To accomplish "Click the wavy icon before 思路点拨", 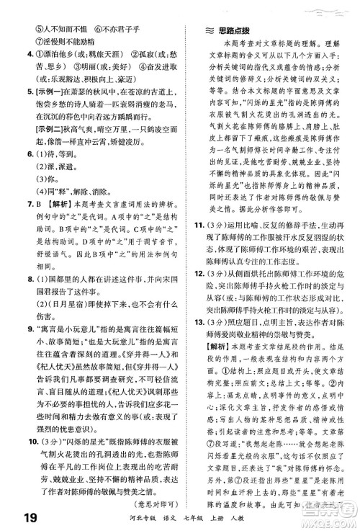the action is [204, 32].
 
